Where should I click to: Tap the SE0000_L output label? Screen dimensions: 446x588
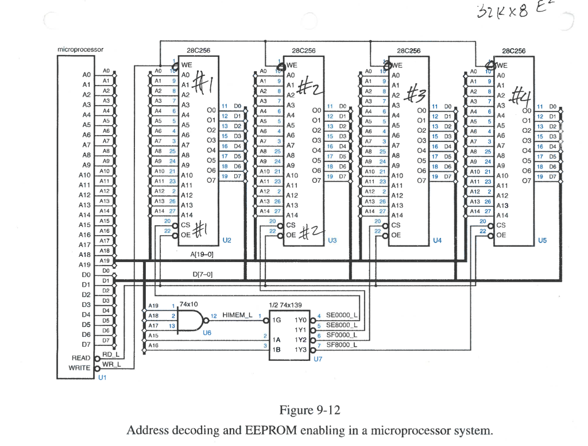tap(341, 316)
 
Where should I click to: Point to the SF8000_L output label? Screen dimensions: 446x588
tap(341, 345)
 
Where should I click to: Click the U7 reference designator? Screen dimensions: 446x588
tap(318, 359)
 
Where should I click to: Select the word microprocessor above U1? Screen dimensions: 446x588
tap(80, 50)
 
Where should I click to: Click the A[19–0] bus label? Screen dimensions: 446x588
tap(203, 253)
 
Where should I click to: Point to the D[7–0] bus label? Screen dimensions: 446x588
tap(203, 275)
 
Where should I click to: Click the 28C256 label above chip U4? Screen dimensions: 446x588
tap(408, 51)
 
